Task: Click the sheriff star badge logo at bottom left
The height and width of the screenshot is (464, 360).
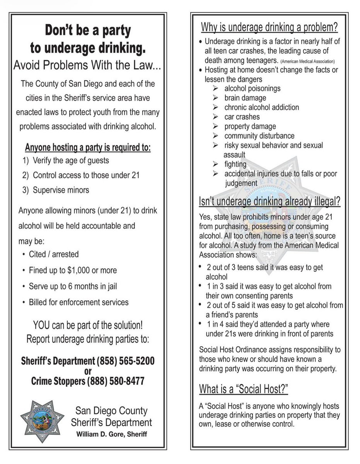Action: [42, 421]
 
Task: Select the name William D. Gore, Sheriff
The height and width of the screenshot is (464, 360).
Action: [111, 434]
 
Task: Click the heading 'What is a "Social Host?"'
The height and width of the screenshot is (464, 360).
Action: [244, 389]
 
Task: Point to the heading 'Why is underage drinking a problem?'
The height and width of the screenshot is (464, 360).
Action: [269, 28]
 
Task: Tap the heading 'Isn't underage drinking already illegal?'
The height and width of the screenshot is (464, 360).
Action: [269, 201]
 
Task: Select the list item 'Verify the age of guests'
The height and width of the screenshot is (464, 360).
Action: [71, 160]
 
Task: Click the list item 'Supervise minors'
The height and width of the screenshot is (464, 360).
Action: [61, 190]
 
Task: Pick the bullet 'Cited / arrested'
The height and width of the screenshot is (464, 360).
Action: [54, 254]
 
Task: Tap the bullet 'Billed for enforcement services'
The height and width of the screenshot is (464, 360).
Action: [78, 302]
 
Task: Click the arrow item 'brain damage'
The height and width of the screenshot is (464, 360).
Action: [245, 98]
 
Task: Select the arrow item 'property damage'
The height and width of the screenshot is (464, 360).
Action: [250, 126]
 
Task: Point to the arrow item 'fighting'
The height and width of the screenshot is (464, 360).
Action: [235, 164]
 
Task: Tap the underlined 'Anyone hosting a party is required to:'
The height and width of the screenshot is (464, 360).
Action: [88, 148]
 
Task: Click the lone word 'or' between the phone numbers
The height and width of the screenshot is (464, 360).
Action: [87, 372]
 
